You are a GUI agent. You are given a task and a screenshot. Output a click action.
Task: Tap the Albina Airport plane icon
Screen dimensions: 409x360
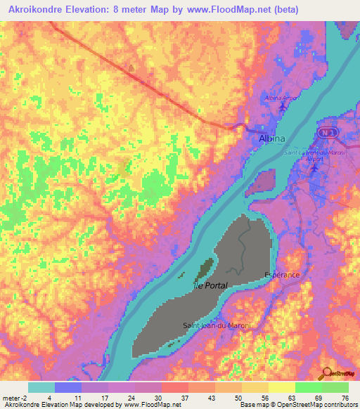[x=283, y=107]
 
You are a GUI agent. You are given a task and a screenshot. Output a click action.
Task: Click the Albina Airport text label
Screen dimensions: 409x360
[x=281, y=98]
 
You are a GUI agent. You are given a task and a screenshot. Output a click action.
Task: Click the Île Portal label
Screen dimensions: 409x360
[x=209, y=286]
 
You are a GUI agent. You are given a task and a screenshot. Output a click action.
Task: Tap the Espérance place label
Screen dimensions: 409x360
[x=281, y=274]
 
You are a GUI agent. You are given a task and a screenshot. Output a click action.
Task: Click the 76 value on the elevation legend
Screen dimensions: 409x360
[x=345, y=398]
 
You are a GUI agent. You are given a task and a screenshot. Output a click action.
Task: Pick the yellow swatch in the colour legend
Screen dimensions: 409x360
[x=281, y=387]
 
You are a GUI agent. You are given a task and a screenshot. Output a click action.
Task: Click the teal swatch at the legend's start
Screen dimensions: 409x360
[x=41, y=387]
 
